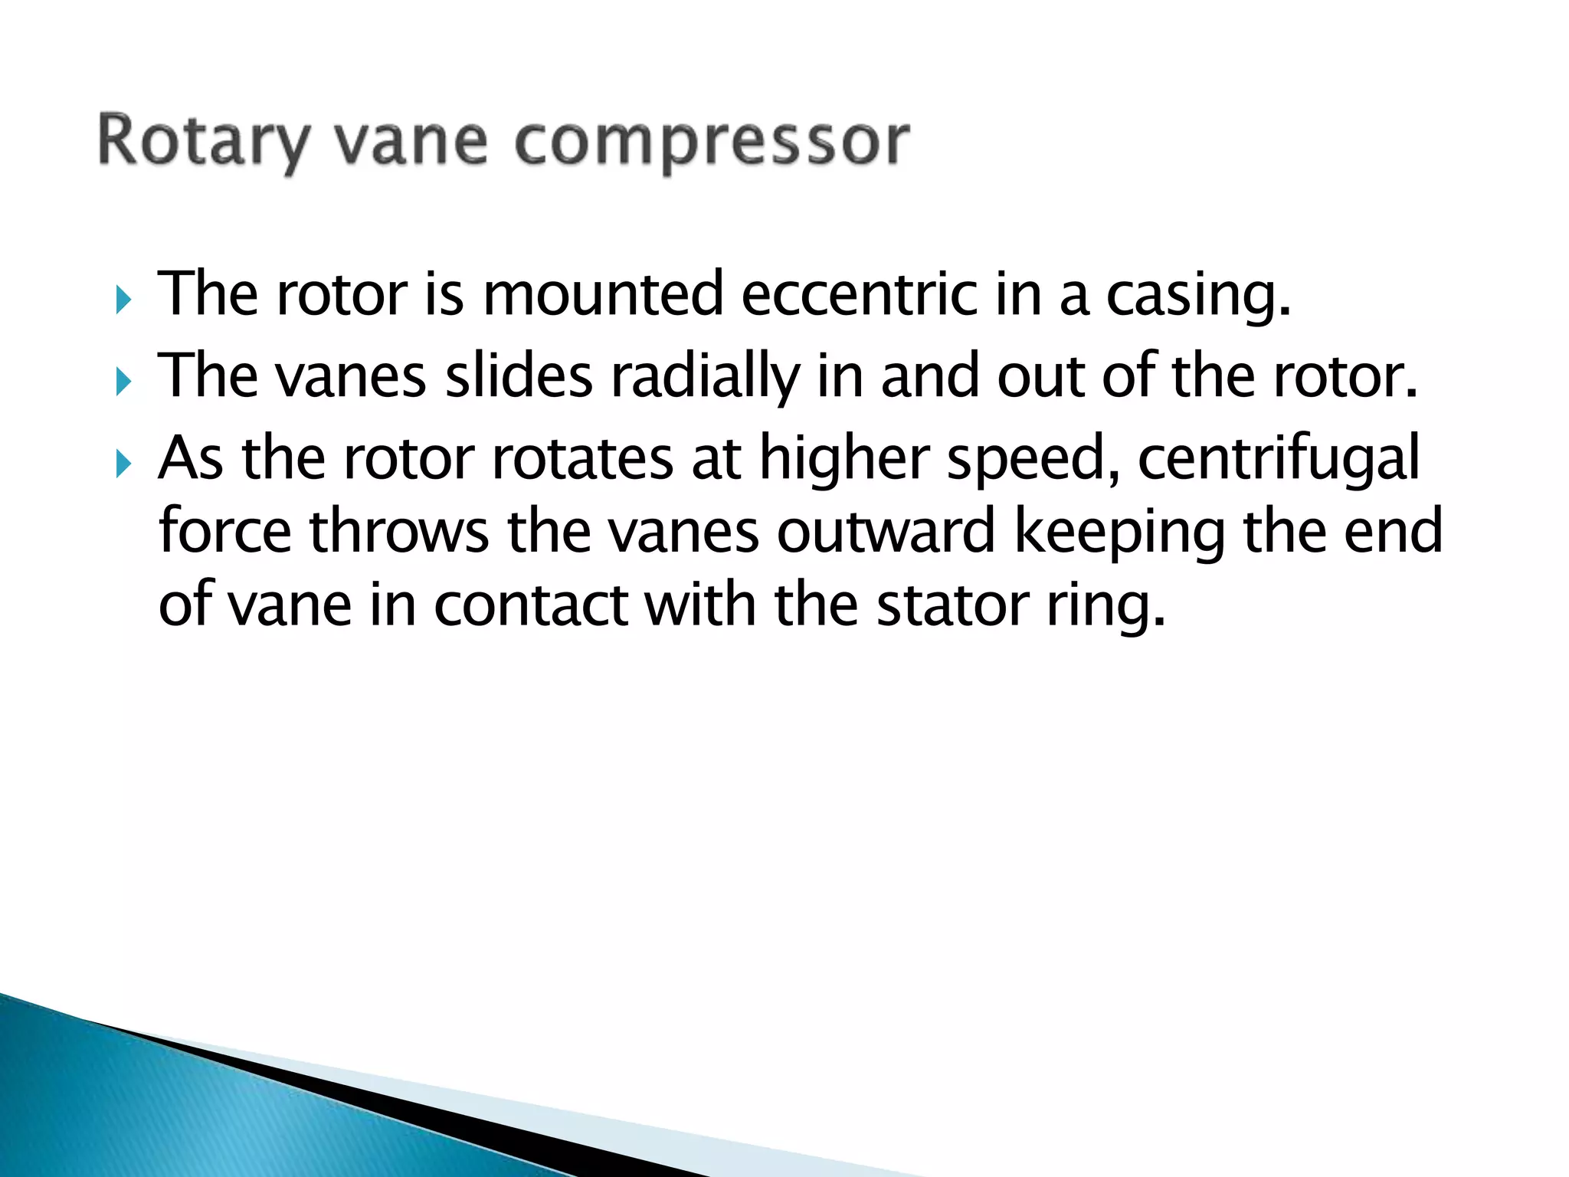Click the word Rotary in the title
click(x=204, y=143)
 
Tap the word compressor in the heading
click(x=712, y=143)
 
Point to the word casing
click(x=1199, y=296)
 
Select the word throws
click(x=399, y=531)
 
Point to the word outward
click(x=886, y=531)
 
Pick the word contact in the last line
click(x=530, y=605)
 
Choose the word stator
click(x=952, y=605)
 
